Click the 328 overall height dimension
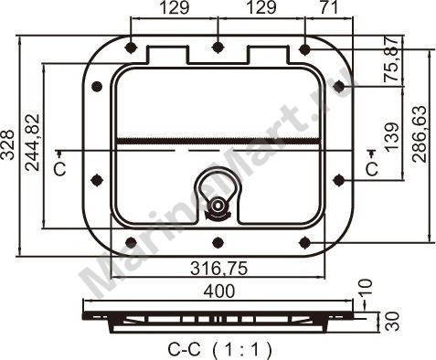[x=7, y=144]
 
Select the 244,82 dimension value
[x=32, y=143]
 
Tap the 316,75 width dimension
[x=218, y=269]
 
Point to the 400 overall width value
[x=219, y=291]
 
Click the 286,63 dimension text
[x=419, y=134]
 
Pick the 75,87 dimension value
[x=391, y=59]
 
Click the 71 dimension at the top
[x=329, y=7]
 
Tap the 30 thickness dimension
[x=392, y=321]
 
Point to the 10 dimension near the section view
[x=366, y=287]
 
